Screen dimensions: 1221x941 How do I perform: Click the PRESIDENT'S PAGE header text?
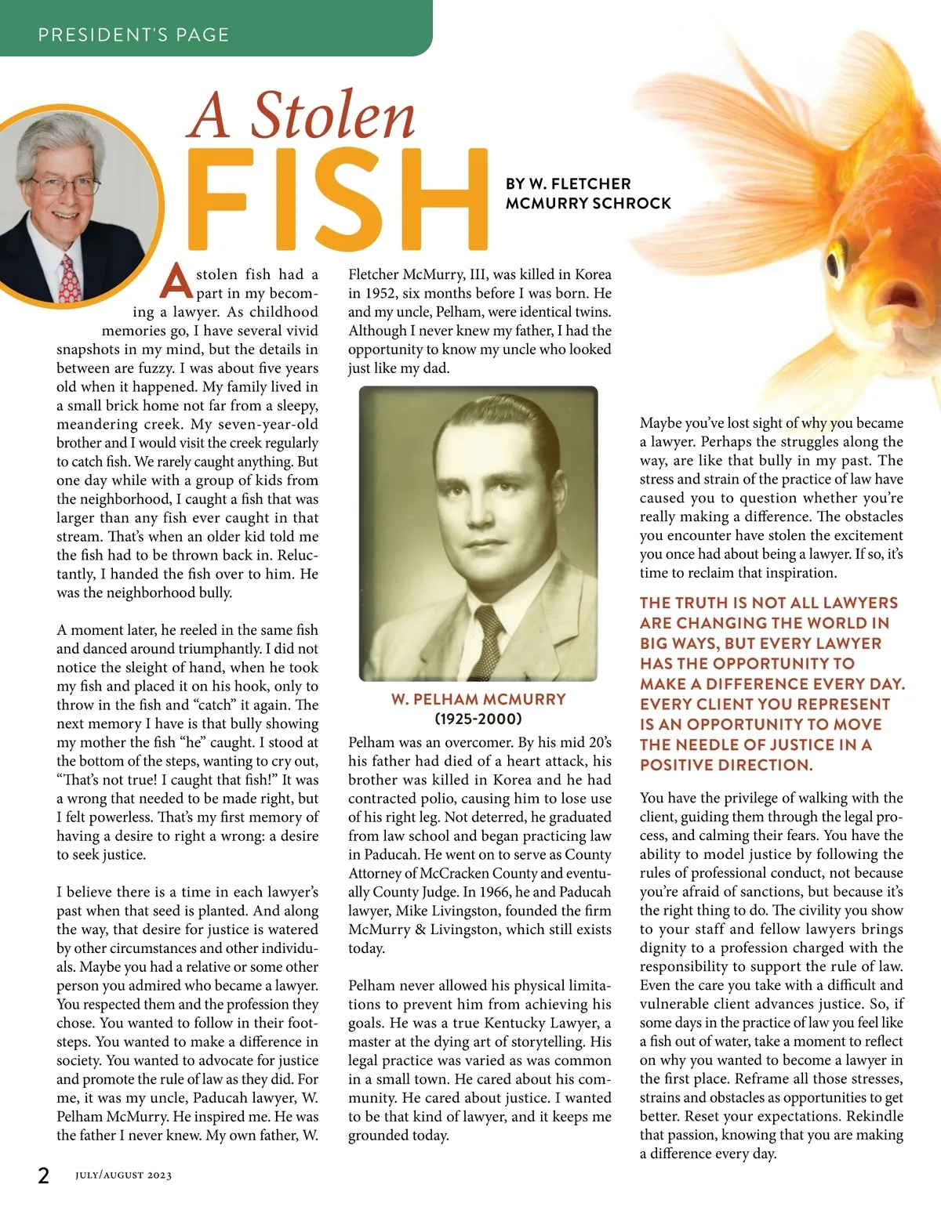tap(133, 34)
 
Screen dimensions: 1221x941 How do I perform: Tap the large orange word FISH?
tap(337, 200)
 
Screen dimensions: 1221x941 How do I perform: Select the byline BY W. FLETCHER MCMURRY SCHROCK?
tap(588, 194)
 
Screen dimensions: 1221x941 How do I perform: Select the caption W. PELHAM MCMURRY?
tap(478, 699)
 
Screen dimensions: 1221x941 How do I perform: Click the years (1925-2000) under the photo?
tap(478, 719)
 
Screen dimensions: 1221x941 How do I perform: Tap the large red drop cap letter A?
tap(176, 282)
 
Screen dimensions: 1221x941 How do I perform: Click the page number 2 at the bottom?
tap(44, 1175)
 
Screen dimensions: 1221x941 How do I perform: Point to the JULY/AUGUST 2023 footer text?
tap(123, 1176)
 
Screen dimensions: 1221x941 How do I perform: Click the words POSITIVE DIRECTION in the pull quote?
tap(726, 765)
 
